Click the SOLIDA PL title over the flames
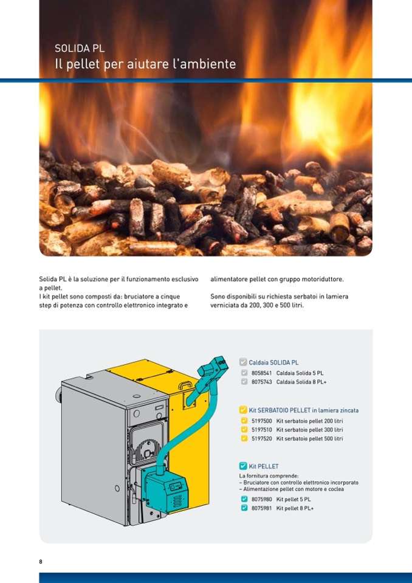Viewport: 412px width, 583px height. pyautogui.click(x=80, y=49)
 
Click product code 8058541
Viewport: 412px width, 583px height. pyautogui.click(x=262, y=373)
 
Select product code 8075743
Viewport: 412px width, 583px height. pyautogui.click(x=262, y=382)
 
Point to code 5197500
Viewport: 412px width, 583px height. pyautogui.click(x=262, y=421)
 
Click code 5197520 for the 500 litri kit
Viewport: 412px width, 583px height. pyautogui.click(x=262, y=439)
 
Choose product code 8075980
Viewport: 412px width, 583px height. pyautogui.click(x=262, y=499)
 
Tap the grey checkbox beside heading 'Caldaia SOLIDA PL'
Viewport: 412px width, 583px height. pyautogui.click(x=243, y=362)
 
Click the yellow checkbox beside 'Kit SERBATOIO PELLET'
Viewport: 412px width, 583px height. pyautogui.click(x=243, y=410)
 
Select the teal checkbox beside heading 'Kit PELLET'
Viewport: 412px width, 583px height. pyautogui.click(x=243, y=466)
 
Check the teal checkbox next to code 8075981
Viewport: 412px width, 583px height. pyautogui.click(x=244, y=508)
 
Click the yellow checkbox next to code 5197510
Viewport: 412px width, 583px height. pyautogui.click(x=244, y=430)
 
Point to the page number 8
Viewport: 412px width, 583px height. pyautogui.click(x=41, y=562)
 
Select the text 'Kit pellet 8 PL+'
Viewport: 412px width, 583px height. pyautogui.click(x=295, y=508)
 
